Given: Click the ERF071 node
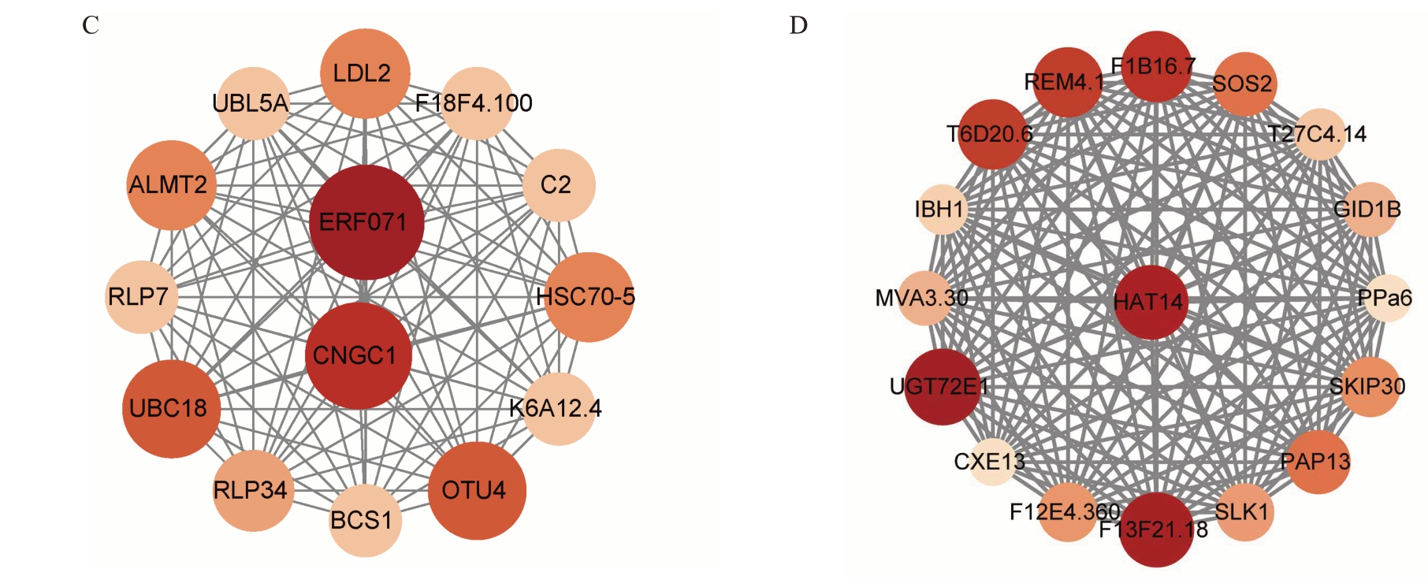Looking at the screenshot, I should (x=366, y=222).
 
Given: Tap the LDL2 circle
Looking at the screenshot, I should (x=366, y=73).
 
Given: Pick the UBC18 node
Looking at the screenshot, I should (x=171, y=408).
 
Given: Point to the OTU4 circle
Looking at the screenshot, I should (x=477, y=490).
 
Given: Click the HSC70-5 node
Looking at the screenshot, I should (x=589, y=297).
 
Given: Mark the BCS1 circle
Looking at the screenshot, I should (x=365, y=521).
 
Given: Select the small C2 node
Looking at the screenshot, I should (x=559, y=185).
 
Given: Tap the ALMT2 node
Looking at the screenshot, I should (x=171, y=185).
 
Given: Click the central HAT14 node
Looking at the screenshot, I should (x=1151, y=302).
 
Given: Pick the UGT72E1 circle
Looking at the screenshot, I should (x=942, y=387).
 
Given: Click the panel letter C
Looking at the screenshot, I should (x=91, y=26).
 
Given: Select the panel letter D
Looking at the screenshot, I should (x=798, y=26).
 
